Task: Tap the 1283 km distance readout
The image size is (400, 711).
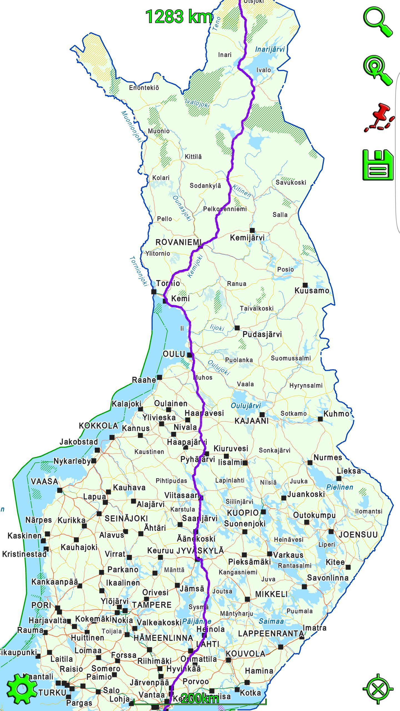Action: click(179, 17)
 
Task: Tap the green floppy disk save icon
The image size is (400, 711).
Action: click(378, 165)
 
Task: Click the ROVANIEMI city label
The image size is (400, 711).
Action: click(178, 242)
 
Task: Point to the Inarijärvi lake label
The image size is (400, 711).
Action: click(270, 49)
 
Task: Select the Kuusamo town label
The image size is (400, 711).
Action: click(312, 291)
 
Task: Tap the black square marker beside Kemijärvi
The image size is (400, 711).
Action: click(252, 230)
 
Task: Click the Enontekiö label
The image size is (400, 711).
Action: click(144, 88)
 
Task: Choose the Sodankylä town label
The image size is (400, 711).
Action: click(205, 186)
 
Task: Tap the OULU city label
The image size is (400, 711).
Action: click(174, 354)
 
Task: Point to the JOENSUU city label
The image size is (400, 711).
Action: click(358, 535)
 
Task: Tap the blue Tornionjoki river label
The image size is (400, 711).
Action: click(138, 271)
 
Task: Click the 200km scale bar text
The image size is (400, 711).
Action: click(199, 699)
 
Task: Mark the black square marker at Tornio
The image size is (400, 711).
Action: click(154, 292)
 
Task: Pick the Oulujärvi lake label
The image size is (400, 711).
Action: click(246, 406)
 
